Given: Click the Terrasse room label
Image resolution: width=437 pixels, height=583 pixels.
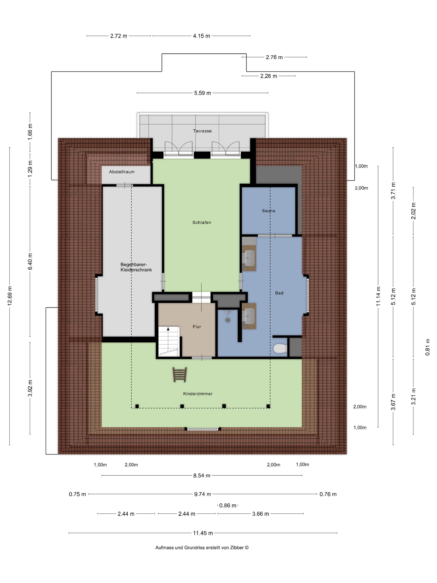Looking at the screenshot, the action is tap(202, 131).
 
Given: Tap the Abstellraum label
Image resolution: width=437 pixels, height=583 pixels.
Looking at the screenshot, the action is tap(122, 172).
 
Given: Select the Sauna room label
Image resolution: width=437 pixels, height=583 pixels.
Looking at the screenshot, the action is tap(268, 211).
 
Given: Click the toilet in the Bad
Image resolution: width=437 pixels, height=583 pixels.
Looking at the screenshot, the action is tap(280, 349).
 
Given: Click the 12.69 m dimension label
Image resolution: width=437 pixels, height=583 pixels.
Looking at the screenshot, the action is tap(10, 296).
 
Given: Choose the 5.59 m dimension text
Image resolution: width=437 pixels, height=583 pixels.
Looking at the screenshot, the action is tap(202, 93).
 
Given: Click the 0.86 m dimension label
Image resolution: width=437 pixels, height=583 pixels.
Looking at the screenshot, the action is tap(228, 506).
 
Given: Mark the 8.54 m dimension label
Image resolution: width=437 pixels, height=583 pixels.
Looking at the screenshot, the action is tap(202, 476).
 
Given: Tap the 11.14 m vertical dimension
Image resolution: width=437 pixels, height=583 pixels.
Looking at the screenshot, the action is tap(378, 296).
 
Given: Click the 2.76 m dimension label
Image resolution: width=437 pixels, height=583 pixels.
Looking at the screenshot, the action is tap(274, 57).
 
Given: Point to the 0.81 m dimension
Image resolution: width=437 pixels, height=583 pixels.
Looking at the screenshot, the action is tap(427, 347).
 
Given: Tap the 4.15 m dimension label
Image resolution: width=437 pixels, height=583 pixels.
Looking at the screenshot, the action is tap(201, 36).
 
